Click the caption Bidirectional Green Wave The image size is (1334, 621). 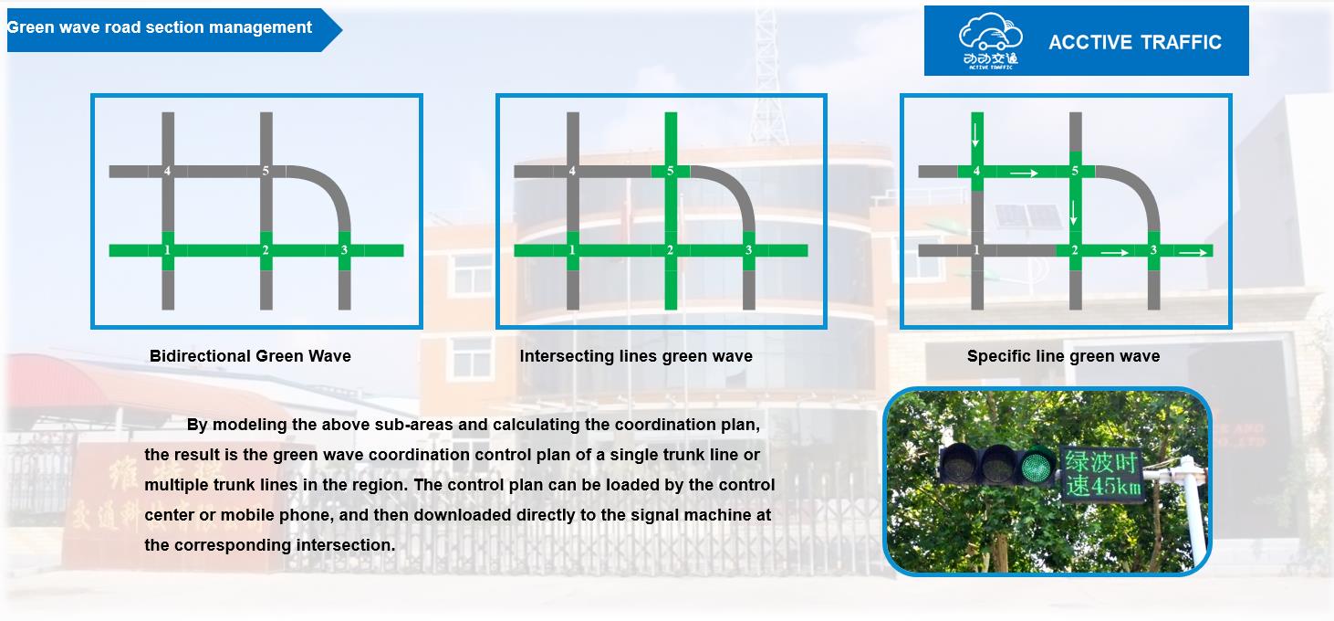pos(250,356)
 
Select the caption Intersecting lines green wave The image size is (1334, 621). pos(636,356)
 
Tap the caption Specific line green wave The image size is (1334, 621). pos(1063,356)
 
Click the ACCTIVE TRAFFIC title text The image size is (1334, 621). pos(1134,42)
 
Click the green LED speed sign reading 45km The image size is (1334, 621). pos(1102,475)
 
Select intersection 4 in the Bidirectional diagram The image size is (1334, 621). pos(167,171)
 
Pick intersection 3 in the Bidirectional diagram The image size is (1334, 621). pos(344,250)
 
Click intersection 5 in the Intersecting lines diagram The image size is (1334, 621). pos(671,171)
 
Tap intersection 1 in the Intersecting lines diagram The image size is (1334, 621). pos(572,250)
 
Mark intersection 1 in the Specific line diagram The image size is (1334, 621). pos(976,250)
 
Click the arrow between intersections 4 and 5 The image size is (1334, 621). pos(1025,172)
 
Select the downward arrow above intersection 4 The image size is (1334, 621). pos(976,133)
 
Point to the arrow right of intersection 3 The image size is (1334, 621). pos(1193,251)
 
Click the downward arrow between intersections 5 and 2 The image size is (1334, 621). pos(1074,213)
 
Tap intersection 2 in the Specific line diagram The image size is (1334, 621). pos(1075,250)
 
